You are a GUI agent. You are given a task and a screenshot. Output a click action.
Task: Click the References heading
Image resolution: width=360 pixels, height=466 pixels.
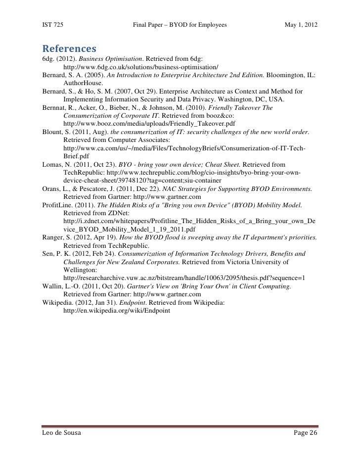[69, 49]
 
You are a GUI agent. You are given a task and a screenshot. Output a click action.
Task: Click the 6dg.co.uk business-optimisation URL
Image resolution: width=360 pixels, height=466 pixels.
[141, 67]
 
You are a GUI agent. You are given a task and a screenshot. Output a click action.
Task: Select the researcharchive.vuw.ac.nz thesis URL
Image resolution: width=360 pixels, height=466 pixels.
[184, 278]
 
